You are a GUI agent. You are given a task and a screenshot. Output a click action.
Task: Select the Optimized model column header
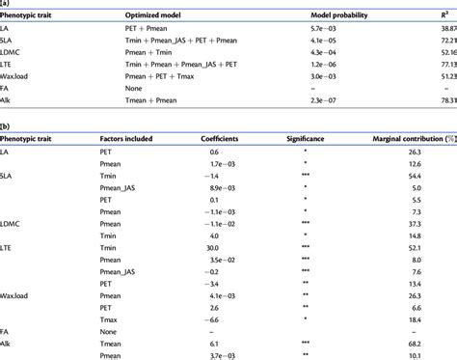click(x=133, y=17)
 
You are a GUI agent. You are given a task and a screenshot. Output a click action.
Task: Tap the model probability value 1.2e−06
click(x=326, y=72)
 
